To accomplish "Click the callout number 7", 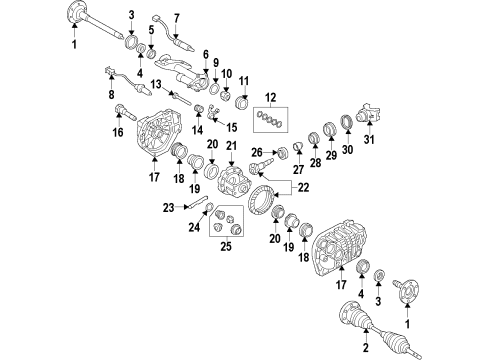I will pos(177,18).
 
